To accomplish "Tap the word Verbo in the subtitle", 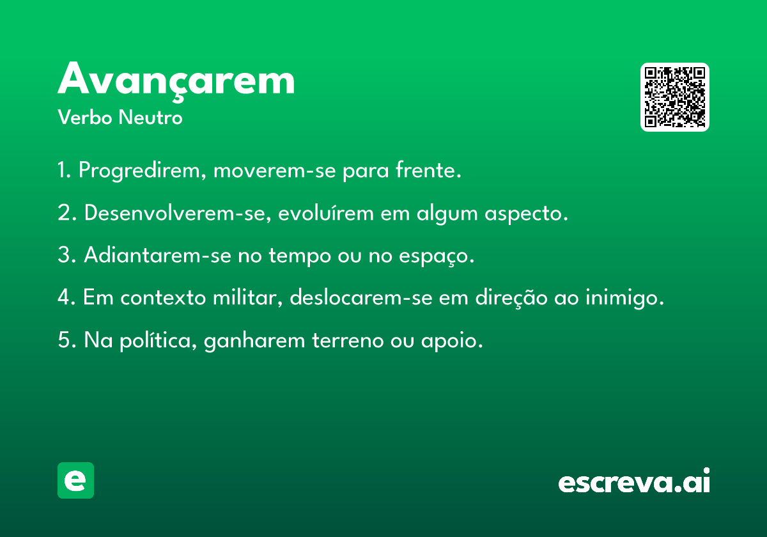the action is pyautogui.click(x=84, y=117).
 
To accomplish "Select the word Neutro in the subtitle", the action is pyautogui.click(x=150, y=117).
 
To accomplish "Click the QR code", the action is pyautogui.click(x=674, y=97).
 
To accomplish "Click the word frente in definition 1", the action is pyautogui.click(x=428, y=169).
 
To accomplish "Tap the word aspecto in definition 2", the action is pyautogui.click(x=526, y=214).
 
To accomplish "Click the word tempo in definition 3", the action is pyautogui.click(x=300, y=256).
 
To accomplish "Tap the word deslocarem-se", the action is pyautogui.click(x=361, y=297).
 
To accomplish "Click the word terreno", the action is pyautogui.click(x=348, y=340).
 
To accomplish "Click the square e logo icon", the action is pyautogui.click(x=75, y=480).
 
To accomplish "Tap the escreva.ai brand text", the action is pyautogui.click(x=634, y=481).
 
